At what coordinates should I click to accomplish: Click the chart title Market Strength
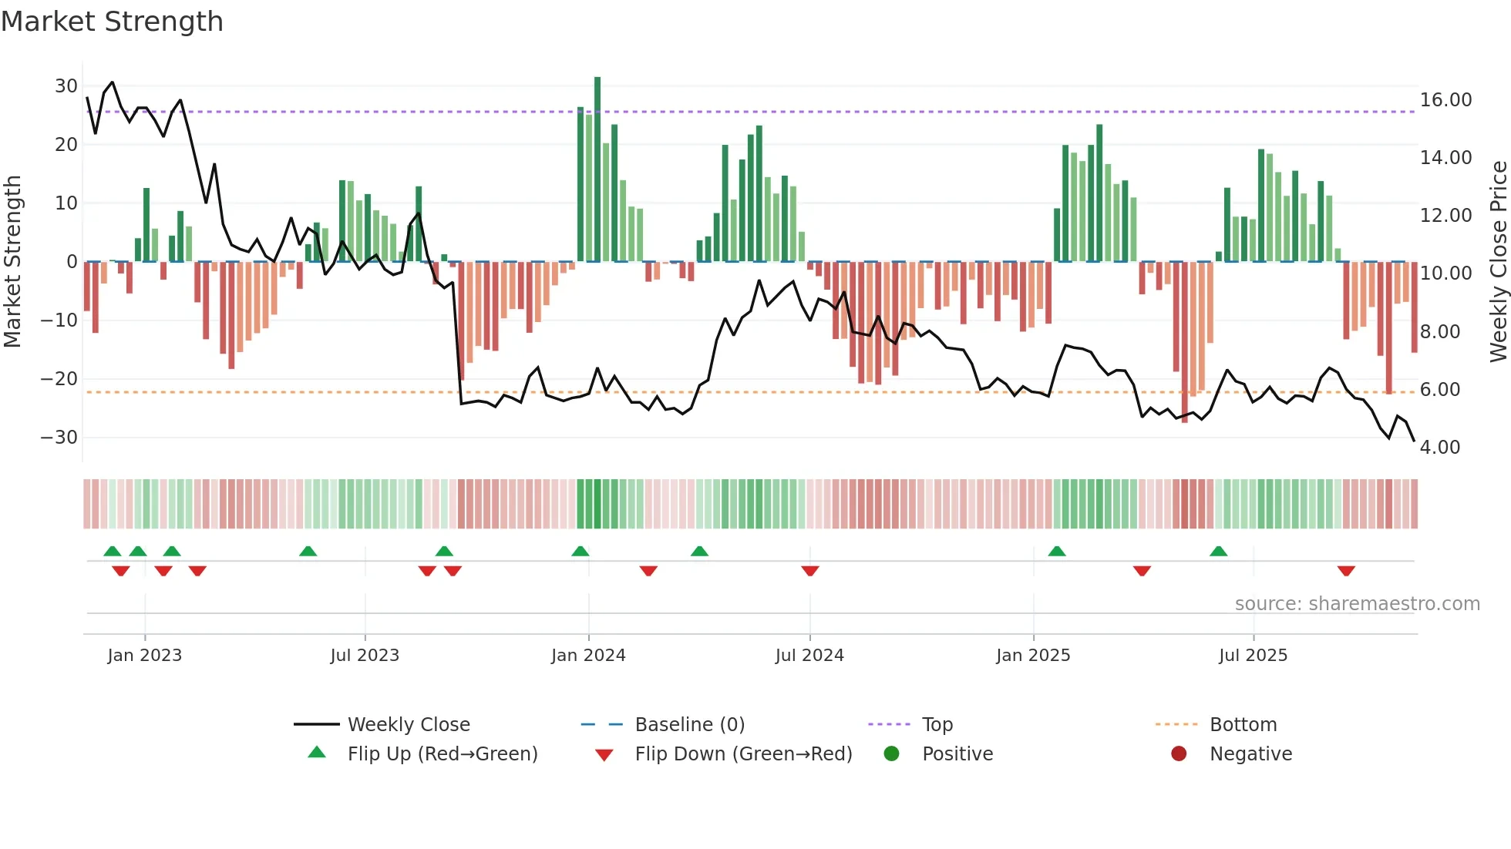[x=112, y=22]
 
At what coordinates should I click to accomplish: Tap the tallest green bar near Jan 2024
[x=597, y=169]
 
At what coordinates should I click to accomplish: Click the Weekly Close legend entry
[x=408, y=724]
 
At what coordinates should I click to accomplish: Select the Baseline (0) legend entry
[x=689, y=724]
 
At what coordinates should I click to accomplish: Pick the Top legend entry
[x=937, y=724]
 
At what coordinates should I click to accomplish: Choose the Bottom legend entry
[x=1243, y=724]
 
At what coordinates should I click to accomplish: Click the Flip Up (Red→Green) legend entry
[x=442, y=753]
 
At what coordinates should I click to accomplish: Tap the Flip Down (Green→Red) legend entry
[x=742, y=753]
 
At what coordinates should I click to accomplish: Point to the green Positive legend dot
[x=892, y=753]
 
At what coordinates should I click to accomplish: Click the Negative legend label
[x=1250, y=753]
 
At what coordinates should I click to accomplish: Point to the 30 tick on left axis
[x=66, y=86]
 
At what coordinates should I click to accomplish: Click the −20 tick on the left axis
[x=59, y=378]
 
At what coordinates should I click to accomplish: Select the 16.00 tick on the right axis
[x=1445, y=100]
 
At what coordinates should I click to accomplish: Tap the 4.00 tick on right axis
[x=1439, y=448]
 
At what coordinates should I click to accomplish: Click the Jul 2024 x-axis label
[x=809, y=656]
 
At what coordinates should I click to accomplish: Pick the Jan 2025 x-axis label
[x=1033, y=656]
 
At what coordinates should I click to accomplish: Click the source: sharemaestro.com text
[x=1357, y=604]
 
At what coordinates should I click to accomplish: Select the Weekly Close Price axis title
[x=1498, y=262]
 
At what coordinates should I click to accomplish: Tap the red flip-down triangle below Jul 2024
[x=809, y=571]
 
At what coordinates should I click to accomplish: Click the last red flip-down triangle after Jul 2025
[x=1346, y=571]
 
